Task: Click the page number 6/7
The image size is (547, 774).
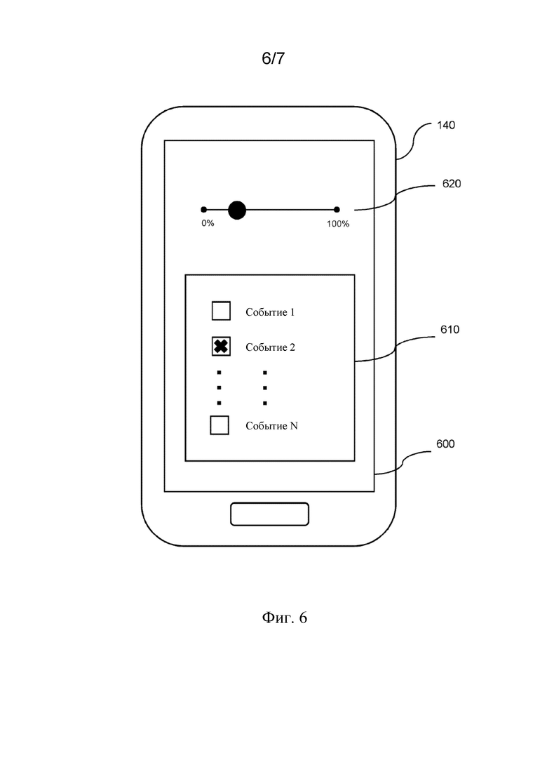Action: click(273, 58)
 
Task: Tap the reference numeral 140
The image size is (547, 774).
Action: click(446, 126)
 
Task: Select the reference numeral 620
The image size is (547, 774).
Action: click(452, 184)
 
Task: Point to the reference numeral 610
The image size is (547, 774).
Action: click(450, 330)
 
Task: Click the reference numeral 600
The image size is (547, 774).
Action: click(445, 443)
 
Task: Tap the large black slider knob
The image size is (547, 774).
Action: click(237, 211)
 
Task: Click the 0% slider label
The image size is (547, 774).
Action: click(208, 224)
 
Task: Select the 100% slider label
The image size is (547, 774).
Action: click(338, 224)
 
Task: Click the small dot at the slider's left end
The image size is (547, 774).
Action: click(203, 210)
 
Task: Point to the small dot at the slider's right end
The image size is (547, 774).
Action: click(337, 210)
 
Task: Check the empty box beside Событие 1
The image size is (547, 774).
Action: click(221, 311)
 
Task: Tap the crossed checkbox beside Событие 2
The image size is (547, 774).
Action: click(221, 347)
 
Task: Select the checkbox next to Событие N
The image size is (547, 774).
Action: click(220, 425)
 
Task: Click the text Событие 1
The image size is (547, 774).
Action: click(270, 312)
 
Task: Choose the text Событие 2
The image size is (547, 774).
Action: click(270, 347)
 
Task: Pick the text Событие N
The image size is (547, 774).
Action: click(272, 426)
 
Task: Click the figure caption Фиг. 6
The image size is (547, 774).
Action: click(285, 618)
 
